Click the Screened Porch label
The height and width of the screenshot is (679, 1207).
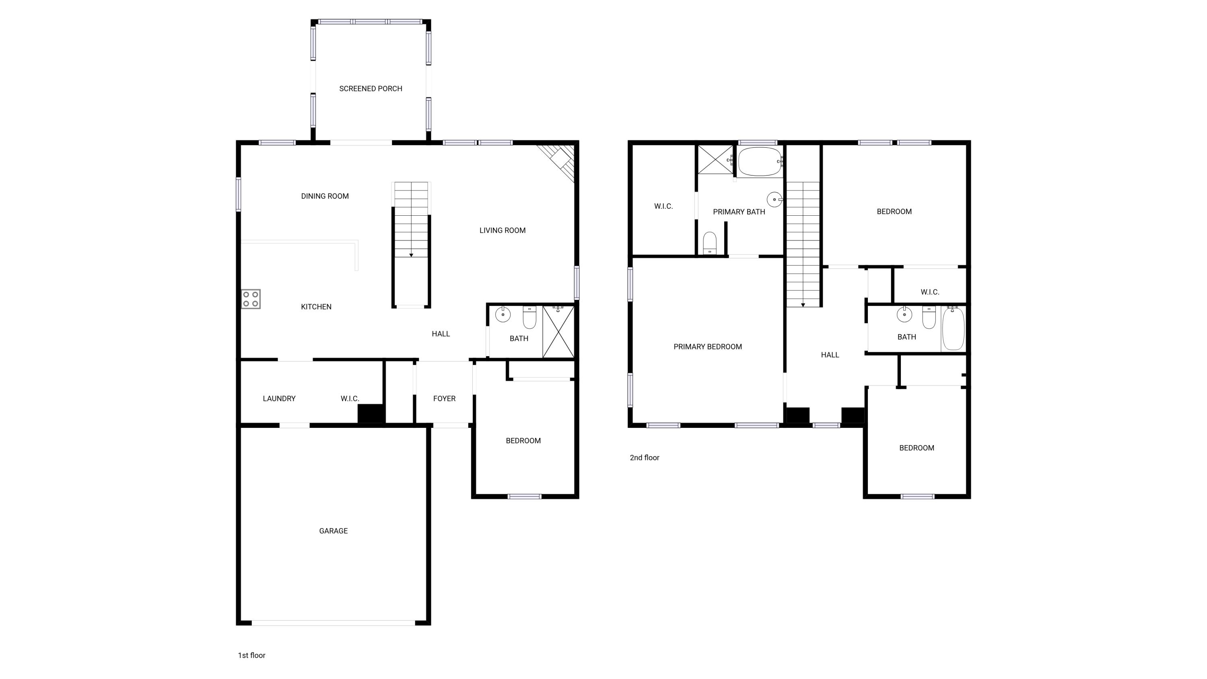pos(371,89)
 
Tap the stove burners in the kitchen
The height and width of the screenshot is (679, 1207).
pos(251,299)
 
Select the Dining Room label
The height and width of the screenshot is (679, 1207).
pos(325,196)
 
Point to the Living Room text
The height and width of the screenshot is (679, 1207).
pos(502,231)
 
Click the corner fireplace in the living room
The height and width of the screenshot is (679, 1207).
pos(560,159)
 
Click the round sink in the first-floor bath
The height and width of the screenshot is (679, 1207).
pos(503,314)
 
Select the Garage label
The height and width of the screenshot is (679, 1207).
pos(334,531)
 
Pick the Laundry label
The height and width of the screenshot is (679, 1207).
pos(279,399)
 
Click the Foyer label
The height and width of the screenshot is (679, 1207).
pos(444,399)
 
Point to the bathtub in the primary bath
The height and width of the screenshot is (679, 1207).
pos(760,162)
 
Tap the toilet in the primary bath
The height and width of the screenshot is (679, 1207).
pos(710,243)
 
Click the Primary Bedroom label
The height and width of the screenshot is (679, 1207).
pos(708,347)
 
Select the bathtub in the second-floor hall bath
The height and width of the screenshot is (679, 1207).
pos(953,329)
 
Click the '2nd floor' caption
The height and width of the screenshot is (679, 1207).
pos(644,458)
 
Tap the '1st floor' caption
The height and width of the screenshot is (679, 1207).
pos(251,656)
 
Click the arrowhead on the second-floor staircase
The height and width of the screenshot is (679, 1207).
pos(803,305)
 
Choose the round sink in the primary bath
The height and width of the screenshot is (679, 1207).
pos(774,200)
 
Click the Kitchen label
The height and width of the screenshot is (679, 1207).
pos(316,307)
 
